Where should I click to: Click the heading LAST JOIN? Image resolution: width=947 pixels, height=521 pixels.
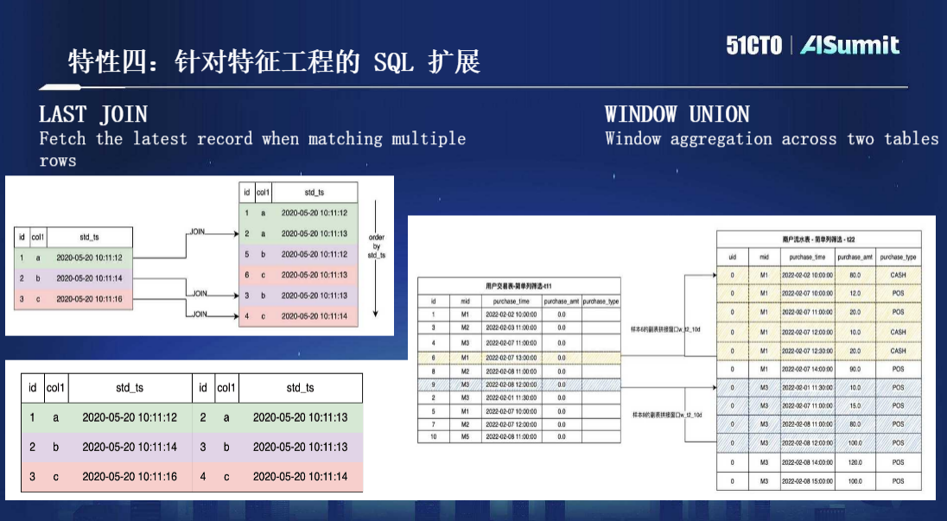click(93, 114)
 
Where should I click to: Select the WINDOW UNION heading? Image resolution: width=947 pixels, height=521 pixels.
click(677, 114)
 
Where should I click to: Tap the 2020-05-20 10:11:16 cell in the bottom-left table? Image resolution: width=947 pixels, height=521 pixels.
click(130, 476)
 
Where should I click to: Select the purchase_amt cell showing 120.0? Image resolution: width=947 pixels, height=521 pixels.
click(855, 463)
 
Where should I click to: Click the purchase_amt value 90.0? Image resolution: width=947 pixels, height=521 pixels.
click(855, 369)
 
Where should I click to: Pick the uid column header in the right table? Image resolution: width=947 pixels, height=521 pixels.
click(733, 257)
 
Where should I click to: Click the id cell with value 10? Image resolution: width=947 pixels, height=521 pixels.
click(433, 437)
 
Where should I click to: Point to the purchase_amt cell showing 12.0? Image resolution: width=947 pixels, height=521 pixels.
click(855, 294)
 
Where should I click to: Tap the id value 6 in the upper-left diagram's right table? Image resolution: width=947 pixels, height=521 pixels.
click(246, 275)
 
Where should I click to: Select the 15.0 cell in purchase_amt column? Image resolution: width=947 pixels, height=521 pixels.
click(855, 406)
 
